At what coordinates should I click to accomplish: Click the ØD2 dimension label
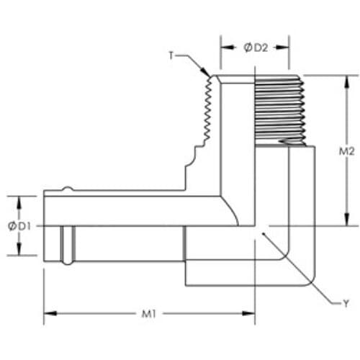(256, 48)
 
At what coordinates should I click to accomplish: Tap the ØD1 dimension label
(19, 226)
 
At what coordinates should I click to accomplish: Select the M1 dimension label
(149, 314)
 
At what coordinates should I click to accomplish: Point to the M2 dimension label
(346, 151)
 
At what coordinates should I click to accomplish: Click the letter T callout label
(171, 55)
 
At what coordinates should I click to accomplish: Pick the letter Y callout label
(346, 304)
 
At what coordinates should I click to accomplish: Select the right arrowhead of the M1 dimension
(248, 313)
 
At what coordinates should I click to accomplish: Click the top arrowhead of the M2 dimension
(346, 82)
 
